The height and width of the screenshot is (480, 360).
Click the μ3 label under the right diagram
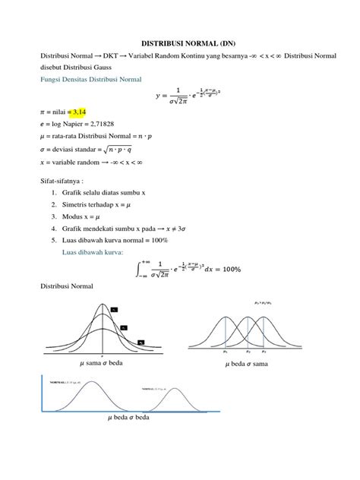(264, 352)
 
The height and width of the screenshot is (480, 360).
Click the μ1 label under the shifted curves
(226, 352)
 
